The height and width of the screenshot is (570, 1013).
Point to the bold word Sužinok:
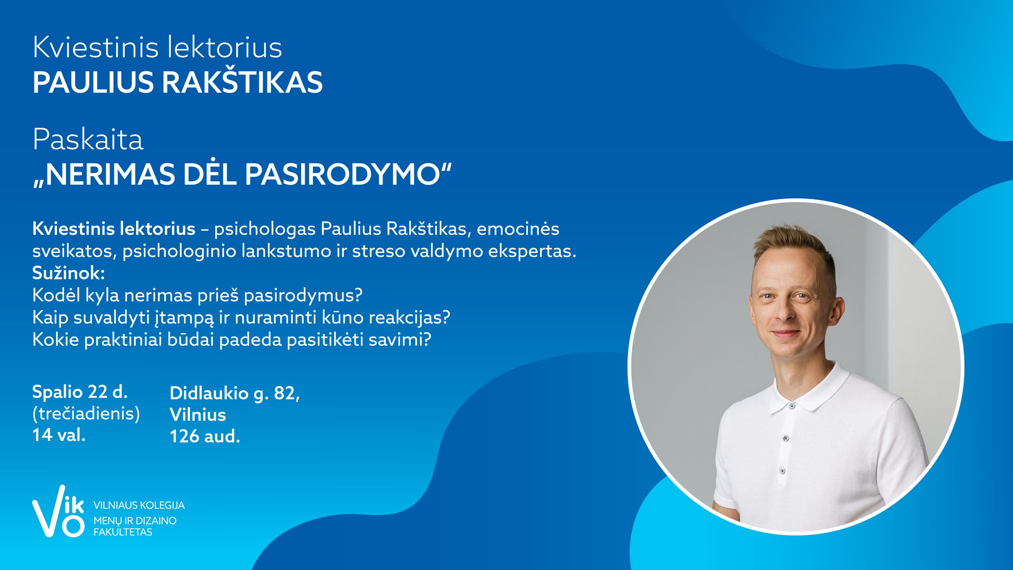[x=68, y=273]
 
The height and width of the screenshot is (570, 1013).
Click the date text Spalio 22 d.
[x=80, y=391]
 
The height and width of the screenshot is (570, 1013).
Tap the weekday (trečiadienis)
[x=86, y=414]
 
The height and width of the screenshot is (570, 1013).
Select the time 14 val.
[x=59, y=435]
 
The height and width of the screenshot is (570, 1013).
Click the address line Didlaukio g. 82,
[x=235, y=393]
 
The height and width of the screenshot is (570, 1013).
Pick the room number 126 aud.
[x=205, y=436]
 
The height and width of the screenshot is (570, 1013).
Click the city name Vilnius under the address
[x=198, y=414]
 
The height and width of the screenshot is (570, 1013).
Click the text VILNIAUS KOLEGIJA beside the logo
[x=139, y=505]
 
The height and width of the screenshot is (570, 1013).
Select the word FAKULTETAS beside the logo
[x=123, y=532]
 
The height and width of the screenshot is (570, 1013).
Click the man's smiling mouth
[x=786, y=334]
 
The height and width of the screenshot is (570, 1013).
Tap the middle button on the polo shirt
[x=786, y=438]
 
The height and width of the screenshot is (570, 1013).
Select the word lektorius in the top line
[x=224, y=47]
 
